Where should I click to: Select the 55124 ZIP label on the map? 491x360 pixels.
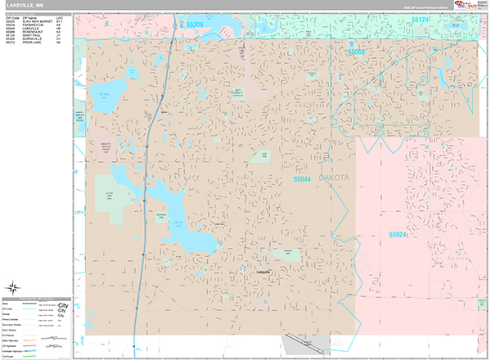tap(421, 19)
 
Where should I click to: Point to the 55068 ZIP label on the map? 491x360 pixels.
tap(354, 52)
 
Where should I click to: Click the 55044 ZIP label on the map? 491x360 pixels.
tap(303, 178)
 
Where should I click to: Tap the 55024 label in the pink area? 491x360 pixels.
tap(398, 234)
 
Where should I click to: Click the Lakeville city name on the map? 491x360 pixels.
tap(264, 271)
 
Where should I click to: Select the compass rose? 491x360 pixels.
tap(14, 287)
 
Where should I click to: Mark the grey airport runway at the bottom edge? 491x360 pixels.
tap(303, 344)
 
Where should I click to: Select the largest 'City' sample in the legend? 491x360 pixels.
tap(64, 305)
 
